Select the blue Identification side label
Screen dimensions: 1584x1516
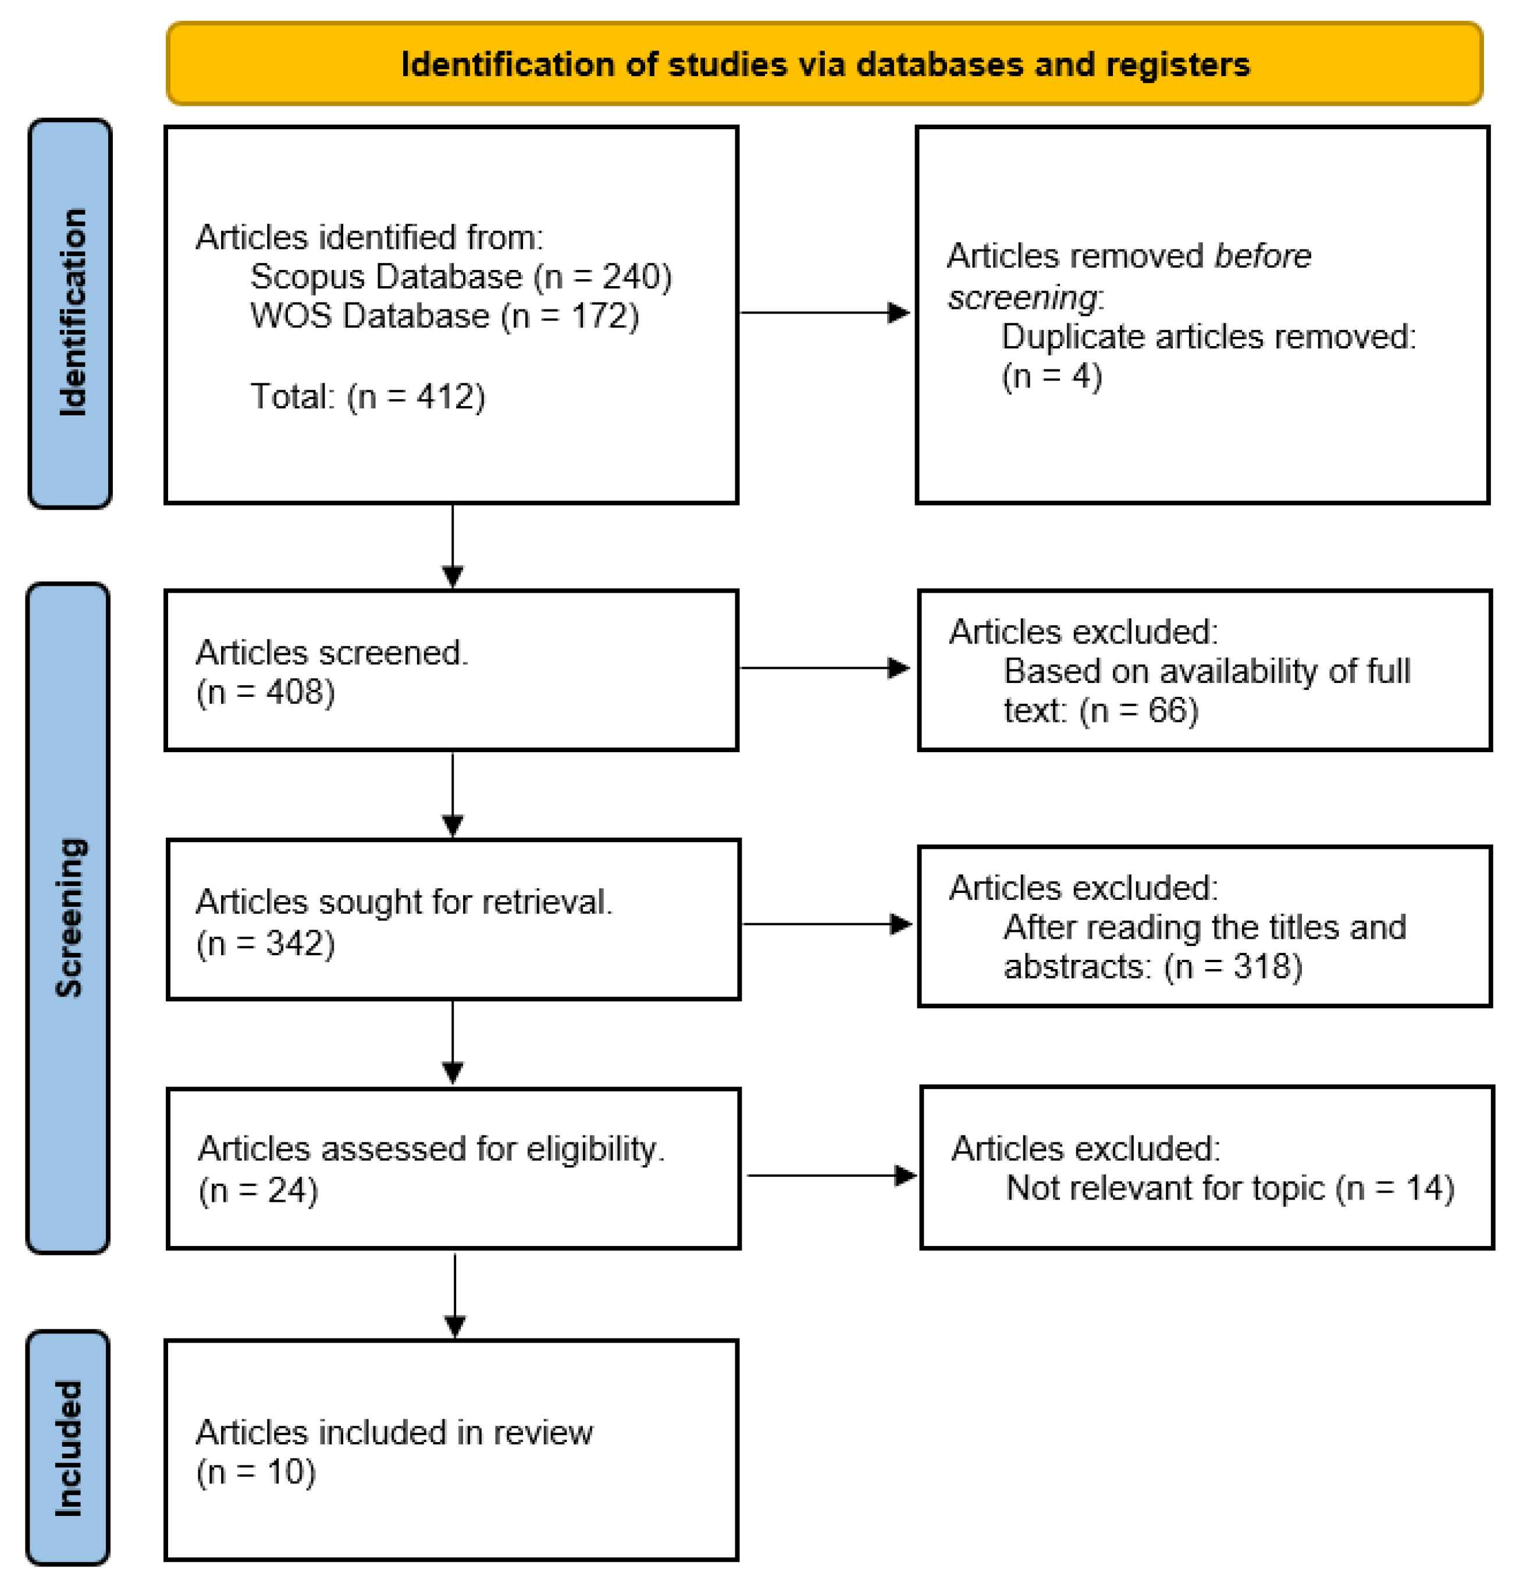71,314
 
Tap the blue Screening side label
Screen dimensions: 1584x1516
69,918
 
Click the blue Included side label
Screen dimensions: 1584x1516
69,1447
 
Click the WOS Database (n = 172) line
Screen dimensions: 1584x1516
444,316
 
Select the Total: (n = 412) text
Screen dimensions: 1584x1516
368,397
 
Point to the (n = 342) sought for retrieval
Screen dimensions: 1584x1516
266,943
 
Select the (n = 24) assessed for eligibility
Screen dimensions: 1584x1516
259,1190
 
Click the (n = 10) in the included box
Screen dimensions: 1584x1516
256,1472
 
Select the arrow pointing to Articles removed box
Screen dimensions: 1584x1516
824,313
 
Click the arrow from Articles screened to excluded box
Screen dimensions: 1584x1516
824,668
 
